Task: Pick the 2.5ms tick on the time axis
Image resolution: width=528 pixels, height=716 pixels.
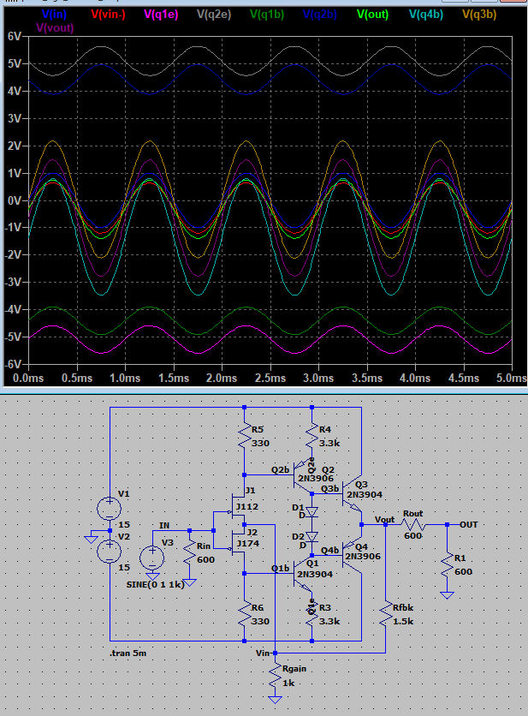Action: (x=270, y=378)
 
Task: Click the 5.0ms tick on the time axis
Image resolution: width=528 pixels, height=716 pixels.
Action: (x=511, y=378)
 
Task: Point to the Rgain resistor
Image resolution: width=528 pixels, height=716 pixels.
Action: (x=276, y=682)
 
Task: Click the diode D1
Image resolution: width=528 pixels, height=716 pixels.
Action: (x=312, y=511)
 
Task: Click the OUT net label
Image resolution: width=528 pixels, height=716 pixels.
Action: (x=468, y=524)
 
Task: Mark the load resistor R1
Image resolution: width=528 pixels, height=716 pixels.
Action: (x=447, y=565)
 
